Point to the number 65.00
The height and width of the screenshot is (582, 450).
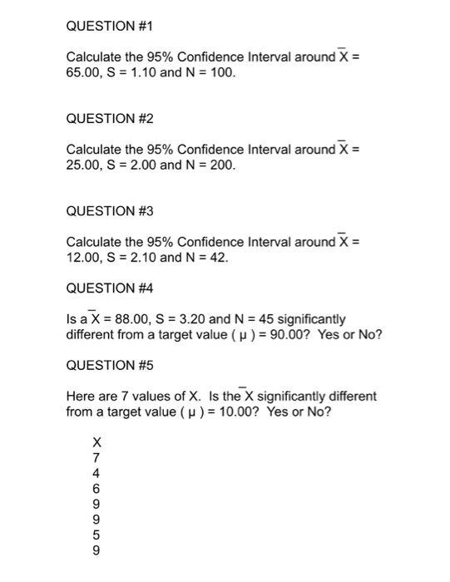tap(83, 73)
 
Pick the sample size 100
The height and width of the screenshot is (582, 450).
tap(223, 73)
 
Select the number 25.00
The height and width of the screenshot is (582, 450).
tap(83, 165)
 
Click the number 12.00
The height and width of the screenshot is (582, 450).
tap(83, 258)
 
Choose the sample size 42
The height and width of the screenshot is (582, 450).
tap(215, 258)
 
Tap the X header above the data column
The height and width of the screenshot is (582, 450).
tap(96, 441)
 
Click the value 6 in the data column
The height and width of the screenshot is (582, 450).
tap(96, 488)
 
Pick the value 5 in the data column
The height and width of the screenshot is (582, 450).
tap(96, 534)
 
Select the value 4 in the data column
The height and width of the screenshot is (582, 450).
tap(96, 472)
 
